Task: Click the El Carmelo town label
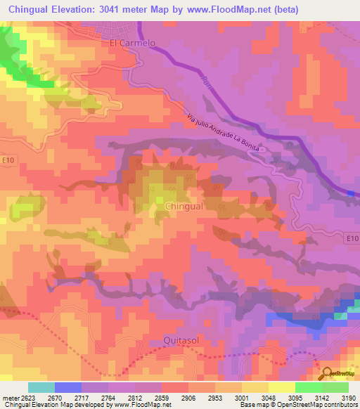pos(132,42)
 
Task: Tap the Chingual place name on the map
pos(184,207)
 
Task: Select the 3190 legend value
pos(347,398)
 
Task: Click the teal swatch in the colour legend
pos(41,387)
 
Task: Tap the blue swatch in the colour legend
pos(68,387)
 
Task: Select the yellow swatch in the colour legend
pos(282,387)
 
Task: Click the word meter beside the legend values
pos(10,398)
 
